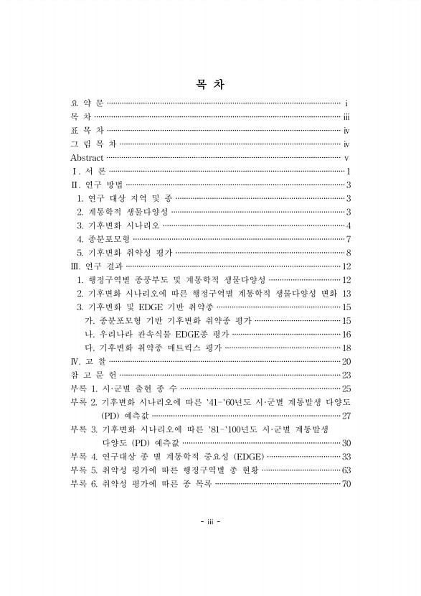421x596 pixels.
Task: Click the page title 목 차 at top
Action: [210, 84]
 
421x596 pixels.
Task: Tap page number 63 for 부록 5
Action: [345, 470]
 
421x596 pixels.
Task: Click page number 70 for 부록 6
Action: [345, 484]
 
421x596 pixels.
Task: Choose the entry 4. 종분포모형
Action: [103, 239]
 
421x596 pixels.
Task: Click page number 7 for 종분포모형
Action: [348, 239]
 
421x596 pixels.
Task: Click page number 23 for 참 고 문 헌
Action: [345, 374]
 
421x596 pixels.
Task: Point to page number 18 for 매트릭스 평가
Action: [345, 348]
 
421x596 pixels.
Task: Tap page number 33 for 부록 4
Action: [345, 456]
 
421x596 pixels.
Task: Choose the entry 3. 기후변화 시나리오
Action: [118, 225]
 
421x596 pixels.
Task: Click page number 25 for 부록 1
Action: [345, 388]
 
